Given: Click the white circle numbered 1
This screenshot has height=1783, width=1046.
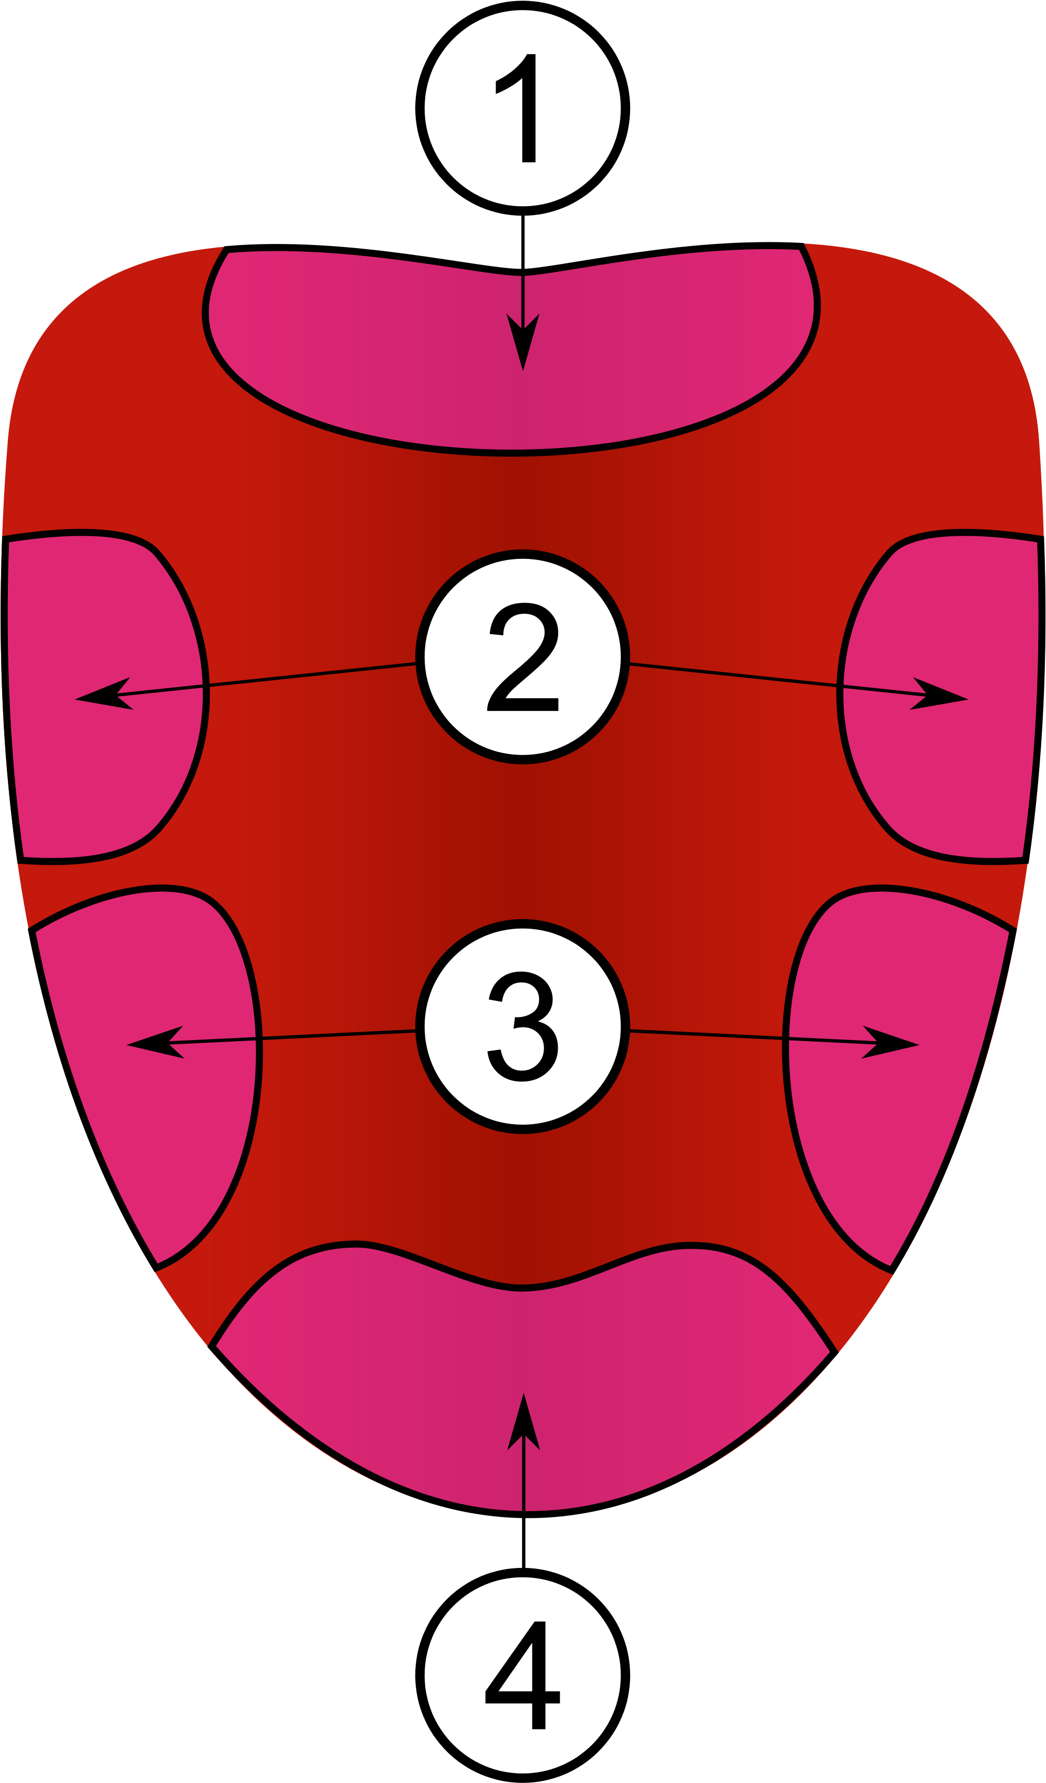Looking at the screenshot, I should coord(522,108).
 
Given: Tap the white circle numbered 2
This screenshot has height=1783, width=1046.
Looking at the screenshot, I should coord(522,657).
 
